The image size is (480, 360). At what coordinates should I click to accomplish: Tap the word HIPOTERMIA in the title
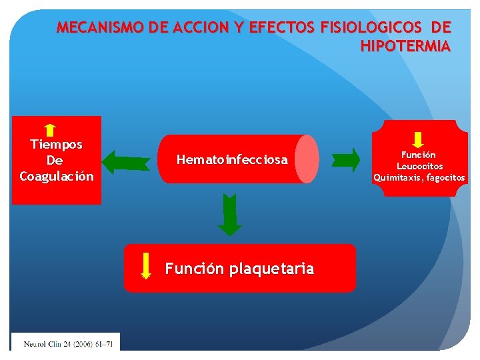click(405, 47)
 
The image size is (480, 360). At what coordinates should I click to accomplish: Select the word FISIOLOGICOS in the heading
click(371, 28)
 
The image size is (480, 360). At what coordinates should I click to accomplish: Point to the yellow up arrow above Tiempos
click(50, 130)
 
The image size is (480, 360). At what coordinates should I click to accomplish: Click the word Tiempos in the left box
click(57, 144)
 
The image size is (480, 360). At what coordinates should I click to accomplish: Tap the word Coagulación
click(57, 177)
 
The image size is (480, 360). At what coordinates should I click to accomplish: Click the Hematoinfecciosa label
click(232, 160)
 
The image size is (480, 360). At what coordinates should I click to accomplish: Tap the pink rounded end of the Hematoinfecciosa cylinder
click(307, 159)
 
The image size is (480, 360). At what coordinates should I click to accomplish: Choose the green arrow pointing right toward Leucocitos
click(345, 159)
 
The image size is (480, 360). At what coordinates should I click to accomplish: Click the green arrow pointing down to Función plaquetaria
click(230, 215)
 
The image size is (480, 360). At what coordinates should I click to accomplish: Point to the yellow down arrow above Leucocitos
click(418, 140)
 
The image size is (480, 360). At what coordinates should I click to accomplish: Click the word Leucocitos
click(420, 166)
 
